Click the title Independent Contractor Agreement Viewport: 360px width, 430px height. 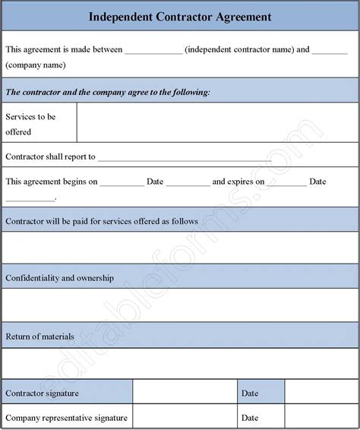(x=180, y=15)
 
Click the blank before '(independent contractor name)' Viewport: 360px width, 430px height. (x=153, y=52)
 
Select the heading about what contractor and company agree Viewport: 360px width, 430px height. (x=108, y=92)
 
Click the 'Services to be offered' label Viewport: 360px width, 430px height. (x=30, y=124)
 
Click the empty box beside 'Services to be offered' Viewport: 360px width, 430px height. (x=217, y=124)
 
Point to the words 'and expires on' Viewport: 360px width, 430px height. (x=238, y=182)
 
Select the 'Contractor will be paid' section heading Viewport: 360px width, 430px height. (x=102, y=221)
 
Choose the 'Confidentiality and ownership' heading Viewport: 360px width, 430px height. (x=60, y=278)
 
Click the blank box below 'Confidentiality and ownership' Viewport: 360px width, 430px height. (x=180, y=305)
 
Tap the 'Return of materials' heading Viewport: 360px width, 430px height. (x=39, y=335)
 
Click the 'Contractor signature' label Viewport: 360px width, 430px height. (x=43, y=393)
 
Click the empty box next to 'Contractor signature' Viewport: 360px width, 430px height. (x=185, y=393)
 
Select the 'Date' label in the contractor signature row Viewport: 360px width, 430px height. (x=250, y=393)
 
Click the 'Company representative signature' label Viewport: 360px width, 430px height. (x=66, y=417)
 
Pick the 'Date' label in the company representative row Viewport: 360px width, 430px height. (x=250, y=417)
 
